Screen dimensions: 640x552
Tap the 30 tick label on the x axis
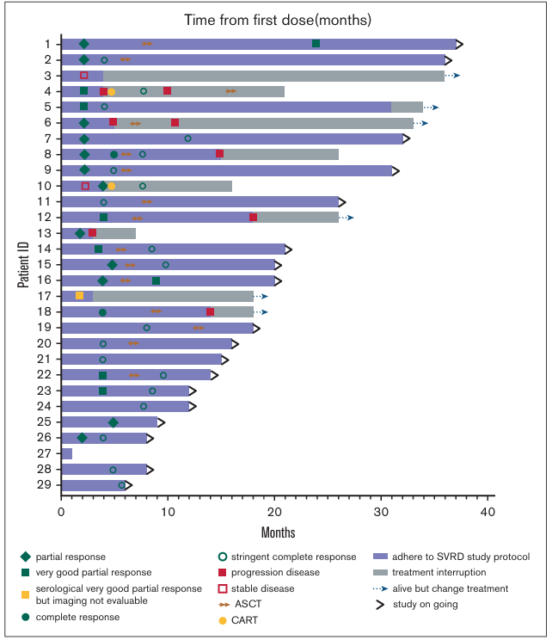pyautogui.click(x=381, y=511)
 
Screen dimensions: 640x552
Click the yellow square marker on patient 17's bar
pyautogui.click(x=80, y=296)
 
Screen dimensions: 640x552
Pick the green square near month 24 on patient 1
pyautogui.click(x=316, y=44)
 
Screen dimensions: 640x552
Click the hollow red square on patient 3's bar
pyautogui.click(x=84, y=76)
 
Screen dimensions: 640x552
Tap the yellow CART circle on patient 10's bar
pyautogui.click(x=112, y=186)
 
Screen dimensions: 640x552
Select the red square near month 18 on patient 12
pyautogui.click(x=253, y=218)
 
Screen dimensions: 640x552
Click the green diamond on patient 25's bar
pyautogui.click(x=113, y=422)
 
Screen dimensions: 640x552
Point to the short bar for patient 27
pyautogui.click(x=67, y=453)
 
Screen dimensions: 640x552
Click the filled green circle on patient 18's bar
pyautogui.click(x=103, y=312)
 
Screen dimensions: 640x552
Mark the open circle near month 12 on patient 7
pyautogui.click(x=188, y=138)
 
